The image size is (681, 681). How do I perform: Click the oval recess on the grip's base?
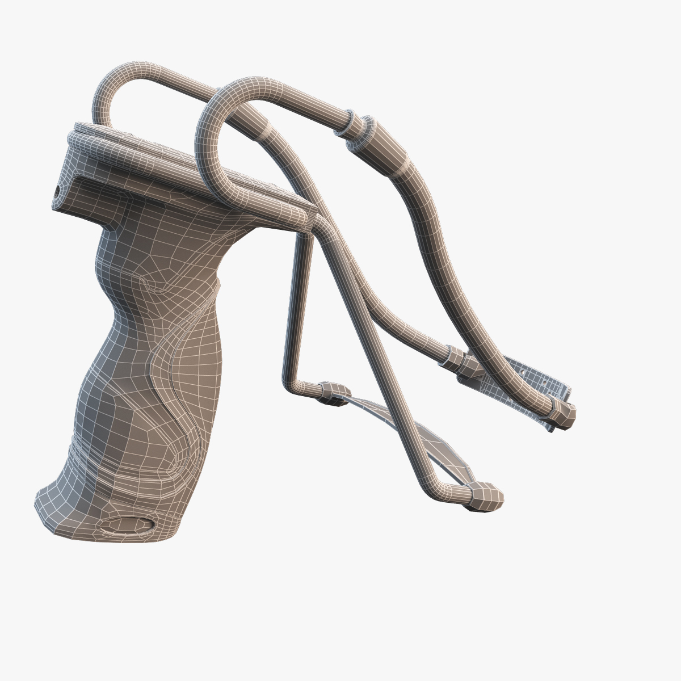tap(126, 525)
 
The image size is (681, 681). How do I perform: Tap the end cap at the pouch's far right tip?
tap(563, 413)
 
